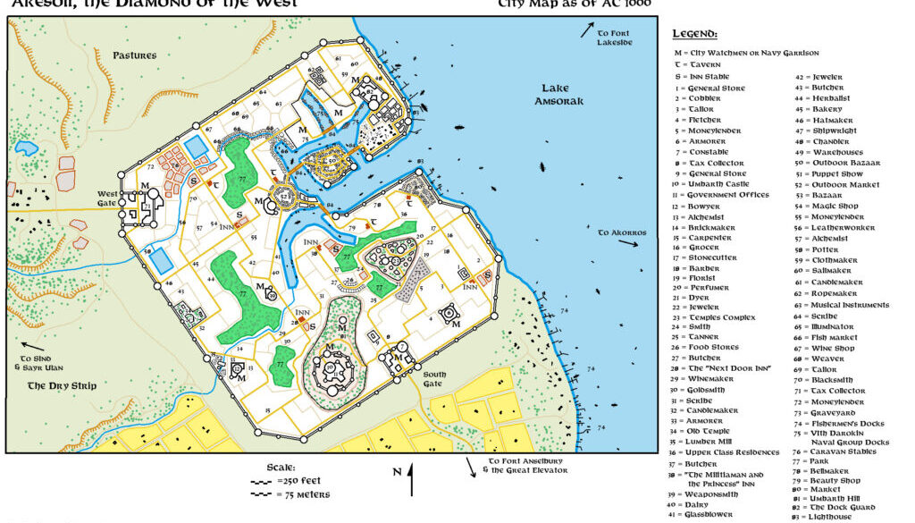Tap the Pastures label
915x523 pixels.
(x=135, y=55)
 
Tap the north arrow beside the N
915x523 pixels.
(x=411, y=480)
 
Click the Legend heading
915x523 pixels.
(x=695, y=35)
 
